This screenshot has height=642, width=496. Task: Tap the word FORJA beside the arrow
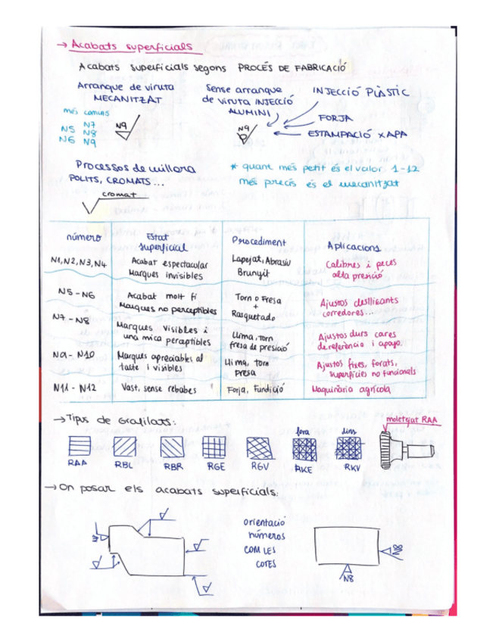[335, 119]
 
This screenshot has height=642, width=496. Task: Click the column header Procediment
[258, 242]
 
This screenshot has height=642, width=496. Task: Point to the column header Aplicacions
[354, 246]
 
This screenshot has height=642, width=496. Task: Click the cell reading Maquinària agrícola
[352, 389]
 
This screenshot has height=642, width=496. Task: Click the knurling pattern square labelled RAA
[79, 446]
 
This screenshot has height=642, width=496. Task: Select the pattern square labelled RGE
[214, 447]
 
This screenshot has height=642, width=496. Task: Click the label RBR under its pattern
[172, 466]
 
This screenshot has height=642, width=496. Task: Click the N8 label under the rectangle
[348, 579]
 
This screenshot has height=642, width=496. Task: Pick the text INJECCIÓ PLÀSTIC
[361, 93]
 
